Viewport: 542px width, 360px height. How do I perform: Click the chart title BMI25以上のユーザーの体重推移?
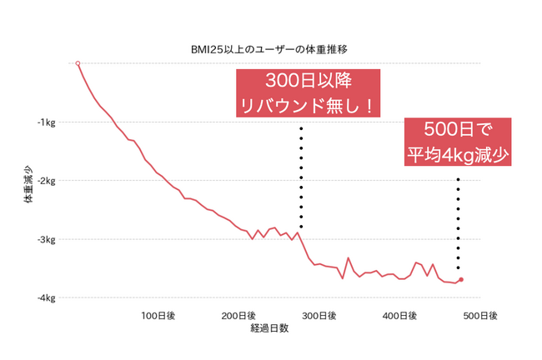(x=268, y=49)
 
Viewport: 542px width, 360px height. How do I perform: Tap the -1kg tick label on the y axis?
(x=45, y=122)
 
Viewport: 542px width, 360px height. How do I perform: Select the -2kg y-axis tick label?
(x=45, y=181)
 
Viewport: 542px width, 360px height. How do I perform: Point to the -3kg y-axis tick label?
(x=45, y=239)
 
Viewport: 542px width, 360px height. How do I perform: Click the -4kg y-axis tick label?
(x=45, y=297)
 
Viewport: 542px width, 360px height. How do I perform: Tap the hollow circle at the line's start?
(x=78, y=63)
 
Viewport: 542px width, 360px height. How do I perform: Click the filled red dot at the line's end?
(x=461, y=280)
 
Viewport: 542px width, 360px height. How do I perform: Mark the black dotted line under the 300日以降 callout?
(x=301, y=177)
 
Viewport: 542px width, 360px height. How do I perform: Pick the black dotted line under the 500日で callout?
(x=458, y=221)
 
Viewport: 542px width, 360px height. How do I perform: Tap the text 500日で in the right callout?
(x=457, y=131)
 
